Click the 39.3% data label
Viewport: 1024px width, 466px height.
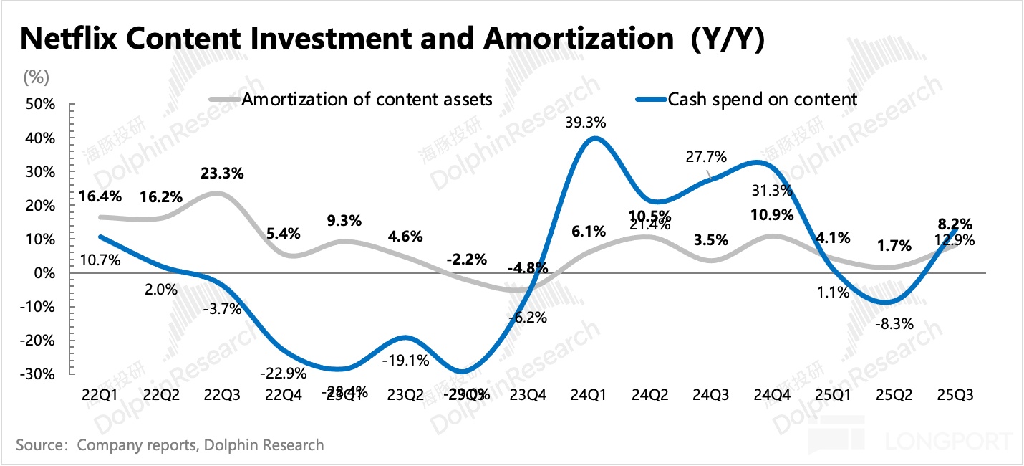pos(586,123)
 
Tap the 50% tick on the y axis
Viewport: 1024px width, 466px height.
pos(40,104)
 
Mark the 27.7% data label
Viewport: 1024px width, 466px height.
pos(706,156)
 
